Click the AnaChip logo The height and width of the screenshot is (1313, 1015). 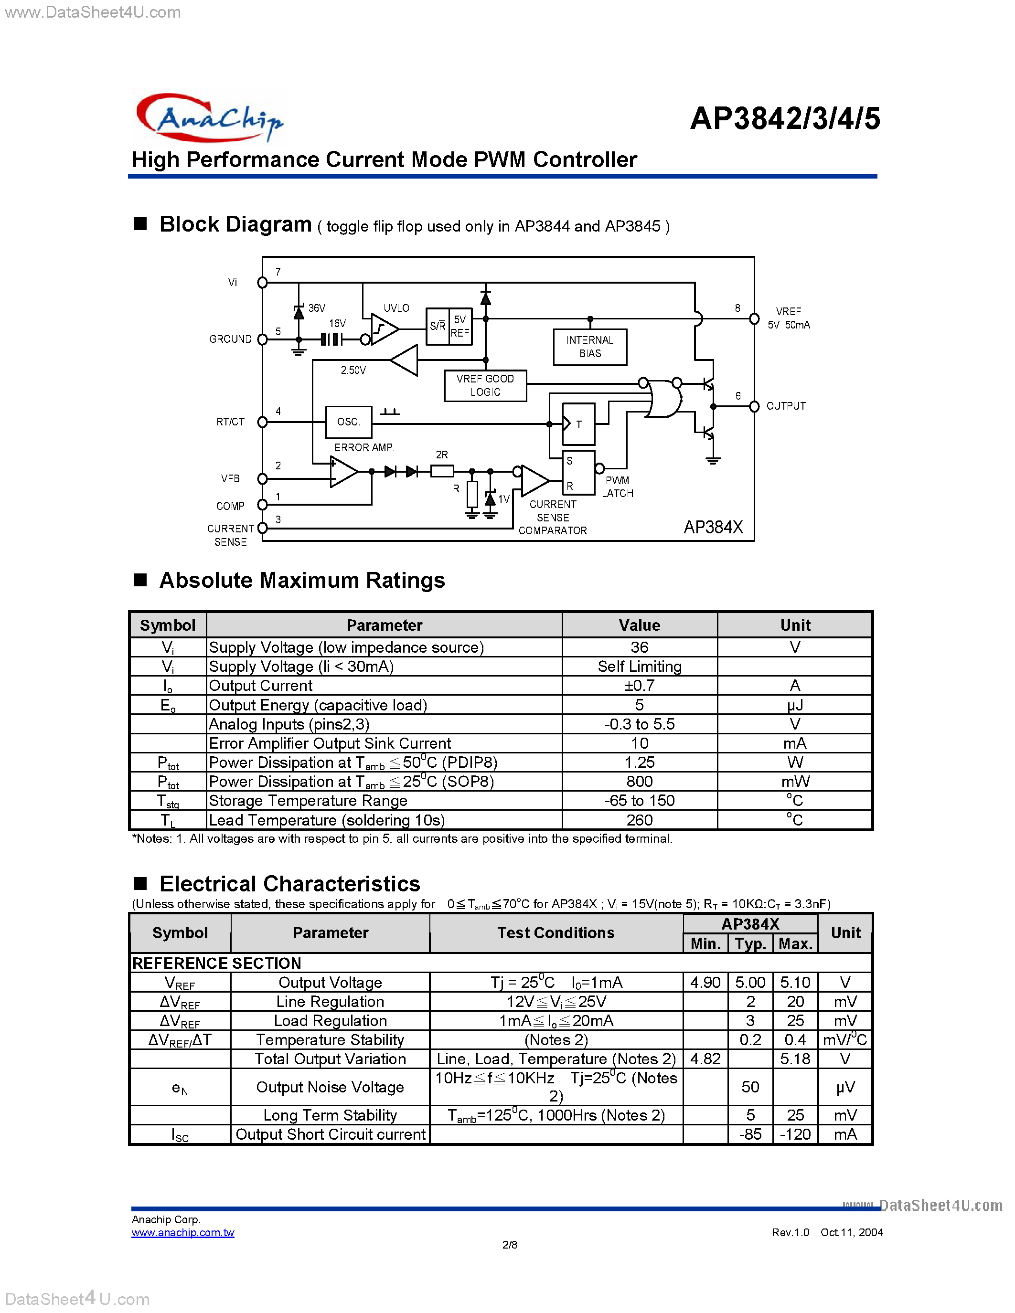(209, 118)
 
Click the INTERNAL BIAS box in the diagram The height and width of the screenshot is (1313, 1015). (589, 347)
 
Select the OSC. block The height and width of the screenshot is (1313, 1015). (348, 422)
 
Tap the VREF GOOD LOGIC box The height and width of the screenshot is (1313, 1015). (485, 385)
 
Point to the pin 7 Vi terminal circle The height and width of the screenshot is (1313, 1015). (262, 283)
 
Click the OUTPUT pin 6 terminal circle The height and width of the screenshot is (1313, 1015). (754, 406)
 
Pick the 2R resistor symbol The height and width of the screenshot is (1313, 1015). (442, 471)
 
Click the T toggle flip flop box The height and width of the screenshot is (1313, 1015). (578, 424)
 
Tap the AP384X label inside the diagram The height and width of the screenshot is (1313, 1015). (713, 527)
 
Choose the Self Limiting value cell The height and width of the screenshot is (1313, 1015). (639, 666)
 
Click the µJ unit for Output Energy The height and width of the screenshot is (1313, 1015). (794, 705)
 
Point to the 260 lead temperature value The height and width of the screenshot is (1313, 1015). (639, 820)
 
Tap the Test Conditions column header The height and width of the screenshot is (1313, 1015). (556, 932)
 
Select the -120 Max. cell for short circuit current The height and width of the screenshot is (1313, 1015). (795, 1134)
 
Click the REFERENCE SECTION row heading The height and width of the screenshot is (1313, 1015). (216, 963)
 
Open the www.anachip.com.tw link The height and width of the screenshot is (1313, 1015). (183, 1232)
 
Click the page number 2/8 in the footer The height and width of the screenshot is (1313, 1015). (509, 1244)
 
